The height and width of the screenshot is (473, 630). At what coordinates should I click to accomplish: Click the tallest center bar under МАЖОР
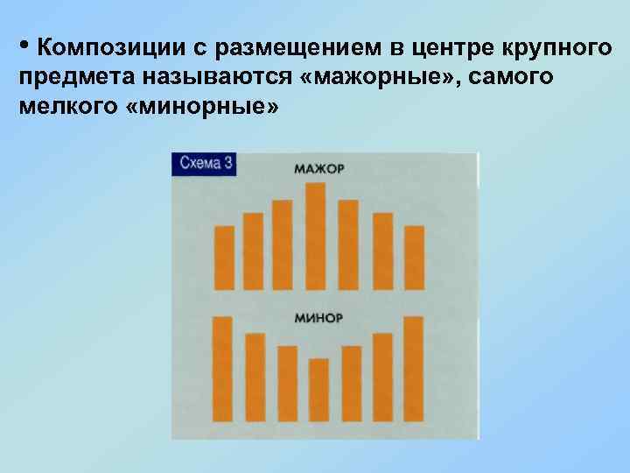(x=316, y=235)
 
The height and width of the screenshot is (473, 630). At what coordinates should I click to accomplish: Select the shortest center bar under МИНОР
(x=319, y=390)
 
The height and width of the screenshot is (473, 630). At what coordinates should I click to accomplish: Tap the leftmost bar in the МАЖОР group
(x=225, y=258)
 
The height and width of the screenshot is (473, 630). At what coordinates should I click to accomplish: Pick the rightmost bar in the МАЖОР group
(x=413, y=258)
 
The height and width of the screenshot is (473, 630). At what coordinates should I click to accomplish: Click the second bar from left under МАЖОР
(x=253, y=251)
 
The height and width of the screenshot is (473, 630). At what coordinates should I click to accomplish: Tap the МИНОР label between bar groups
(x=318, y=317)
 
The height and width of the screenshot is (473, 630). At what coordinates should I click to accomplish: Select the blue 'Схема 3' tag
(x=206, y=164)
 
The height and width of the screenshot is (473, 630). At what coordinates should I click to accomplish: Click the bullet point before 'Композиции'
(x=24, y=42)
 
